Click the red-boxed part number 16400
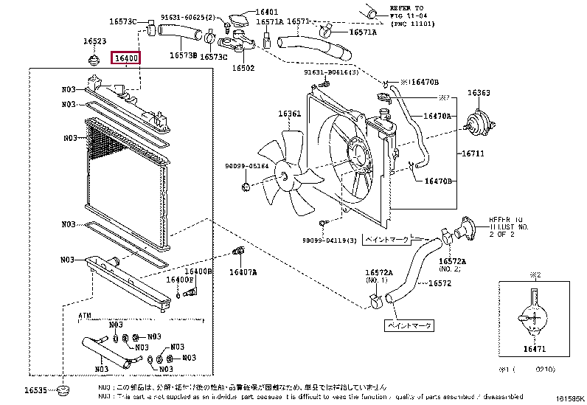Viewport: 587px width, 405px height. [125, 58]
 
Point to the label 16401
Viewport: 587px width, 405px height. [246, 13]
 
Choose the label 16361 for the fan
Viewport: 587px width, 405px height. [289, 114]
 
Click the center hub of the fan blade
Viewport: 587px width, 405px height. [285, 175]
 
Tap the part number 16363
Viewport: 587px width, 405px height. [479, 94]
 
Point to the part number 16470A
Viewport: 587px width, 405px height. [438, 116]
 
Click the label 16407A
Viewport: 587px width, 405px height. [243, 272]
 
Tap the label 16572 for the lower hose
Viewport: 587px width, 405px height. [440, 283]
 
